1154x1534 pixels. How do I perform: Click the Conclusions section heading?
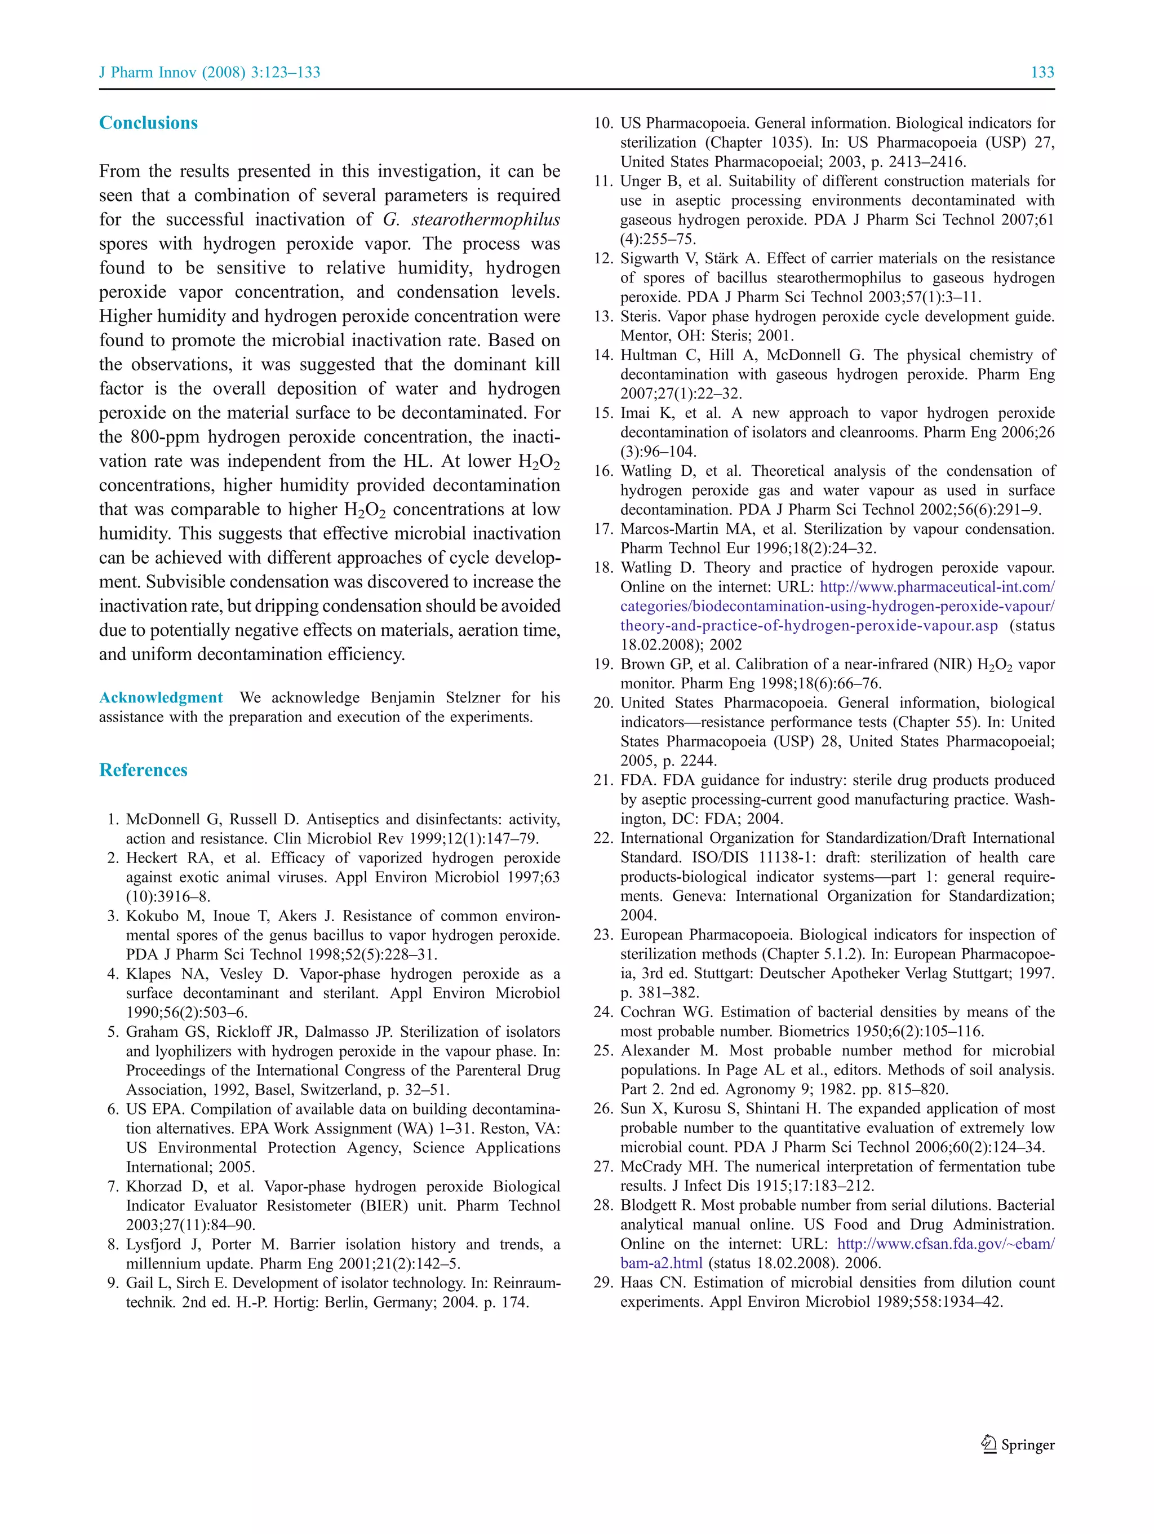tap(148, 123)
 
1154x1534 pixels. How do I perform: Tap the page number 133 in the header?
tap(1042, 72)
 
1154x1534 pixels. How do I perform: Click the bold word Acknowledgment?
tap(161, 697)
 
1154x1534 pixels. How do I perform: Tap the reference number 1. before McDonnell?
tap(113, 820)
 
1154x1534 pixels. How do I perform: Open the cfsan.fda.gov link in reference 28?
tap(946, 1244)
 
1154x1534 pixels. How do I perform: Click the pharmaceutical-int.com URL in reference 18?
tap(937, 587)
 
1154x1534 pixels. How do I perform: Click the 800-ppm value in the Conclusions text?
tap(165, 437)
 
